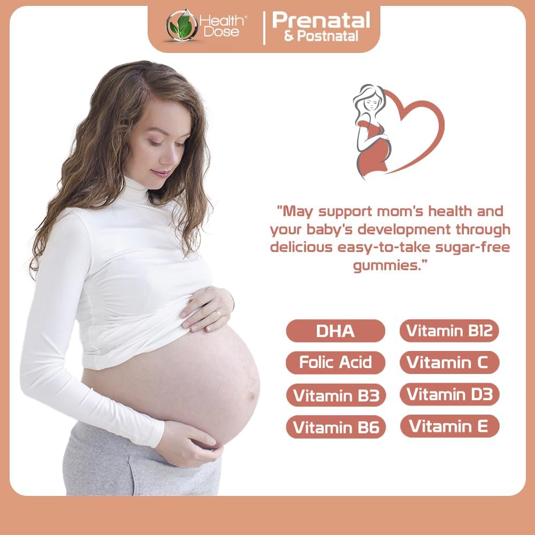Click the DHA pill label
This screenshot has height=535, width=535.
coord(335,331)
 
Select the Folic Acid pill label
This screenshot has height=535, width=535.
coord(335,363)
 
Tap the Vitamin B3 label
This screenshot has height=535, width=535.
coord(335,395)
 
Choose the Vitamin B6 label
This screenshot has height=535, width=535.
coord(335,427)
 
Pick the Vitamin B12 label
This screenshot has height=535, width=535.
coord(449,331)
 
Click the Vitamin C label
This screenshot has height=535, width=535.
coord(449,363)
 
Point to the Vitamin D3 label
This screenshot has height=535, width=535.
coord(449,394)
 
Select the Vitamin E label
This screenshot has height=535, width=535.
coord(449,426)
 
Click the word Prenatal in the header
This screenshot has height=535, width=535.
coord(321,20)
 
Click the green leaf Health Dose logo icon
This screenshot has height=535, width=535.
coord(181,26)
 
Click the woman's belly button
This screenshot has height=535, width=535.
coord(251,398)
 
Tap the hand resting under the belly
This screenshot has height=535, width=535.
coord(190,441)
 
